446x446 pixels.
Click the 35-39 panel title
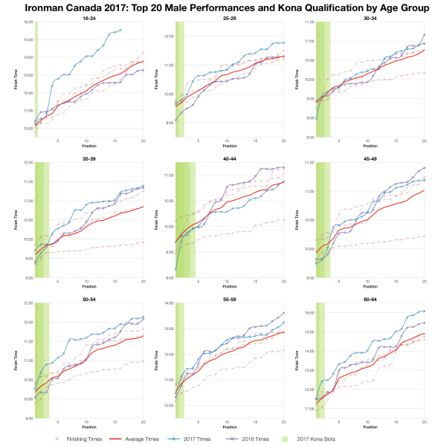point(88,158)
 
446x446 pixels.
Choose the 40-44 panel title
point(229,158)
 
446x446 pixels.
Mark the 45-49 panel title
point(369,158)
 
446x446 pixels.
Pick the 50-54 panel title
point(88,299)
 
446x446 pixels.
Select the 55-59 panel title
point(229,299)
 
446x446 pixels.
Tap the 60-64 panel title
point(369,299)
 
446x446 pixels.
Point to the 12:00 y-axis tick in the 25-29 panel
point(169,36)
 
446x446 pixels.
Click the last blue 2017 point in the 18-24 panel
point(120,30)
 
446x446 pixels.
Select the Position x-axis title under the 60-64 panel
point(369,427)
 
